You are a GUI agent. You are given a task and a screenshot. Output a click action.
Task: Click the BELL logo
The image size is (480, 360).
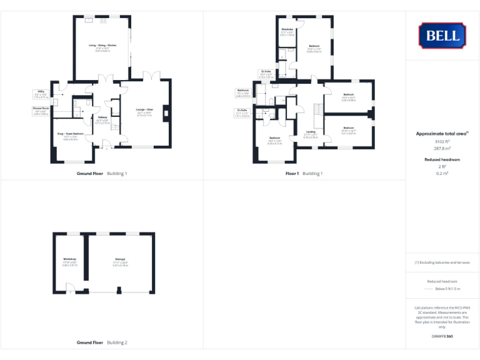tap(442, 36)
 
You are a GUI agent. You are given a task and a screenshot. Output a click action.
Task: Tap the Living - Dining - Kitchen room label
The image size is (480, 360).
tap(102, 46)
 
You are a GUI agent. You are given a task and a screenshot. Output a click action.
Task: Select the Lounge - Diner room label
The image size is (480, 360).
tap(144, 109)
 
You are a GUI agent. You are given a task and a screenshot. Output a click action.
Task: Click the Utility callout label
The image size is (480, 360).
tap(40, 91)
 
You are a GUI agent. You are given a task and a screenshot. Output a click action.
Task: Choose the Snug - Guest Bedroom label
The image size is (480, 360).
tap(70, 134)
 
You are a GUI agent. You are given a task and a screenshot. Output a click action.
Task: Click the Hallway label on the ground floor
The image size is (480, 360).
tap(102, 117)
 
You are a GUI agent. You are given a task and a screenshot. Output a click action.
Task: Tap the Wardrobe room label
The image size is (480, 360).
tap(287, 29)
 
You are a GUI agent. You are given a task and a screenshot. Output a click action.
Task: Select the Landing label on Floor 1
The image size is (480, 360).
tap(311, 132)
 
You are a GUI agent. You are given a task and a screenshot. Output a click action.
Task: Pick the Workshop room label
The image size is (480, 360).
tap(69, 259)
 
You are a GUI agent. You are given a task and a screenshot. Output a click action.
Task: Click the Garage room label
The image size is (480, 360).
tap(120, 259)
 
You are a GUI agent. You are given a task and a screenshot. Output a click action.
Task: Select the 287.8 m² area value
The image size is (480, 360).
tap(442, 149)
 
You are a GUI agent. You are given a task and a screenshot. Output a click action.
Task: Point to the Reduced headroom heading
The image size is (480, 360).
tap(442, 160)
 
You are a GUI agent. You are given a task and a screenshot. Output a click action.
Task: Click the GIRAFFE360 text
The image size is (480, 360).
tap(442, 337)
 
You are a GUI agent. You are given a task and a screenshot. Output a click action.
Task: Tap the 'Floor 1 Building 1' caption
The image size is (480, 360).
tap(304, 173)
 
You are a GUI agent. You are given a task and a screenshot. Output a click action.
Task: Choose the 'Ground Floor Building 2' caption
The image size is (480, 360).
tap(102, 342)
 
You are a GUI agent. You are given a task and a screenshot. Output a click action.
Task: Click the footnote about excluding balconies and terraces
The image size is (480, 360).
tap(442, 262)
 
